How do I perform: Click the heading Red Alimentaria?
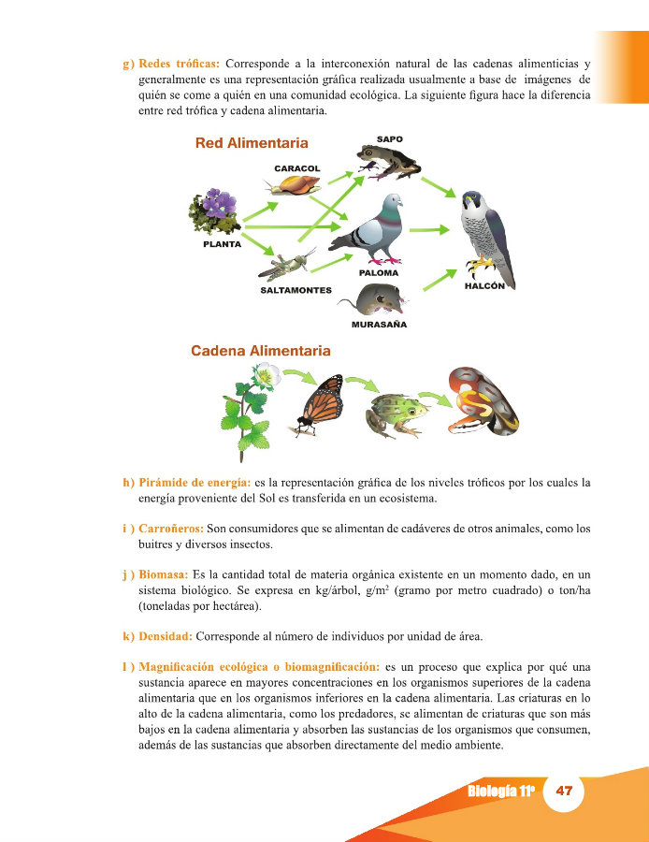pos(252,144)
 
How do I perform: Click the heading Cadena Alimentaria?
pos(261,351)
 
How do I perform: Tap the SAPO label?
pos(389,139)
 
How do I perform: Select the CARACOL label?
pos(296,168)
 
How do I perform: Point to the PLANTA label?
pos(223,244)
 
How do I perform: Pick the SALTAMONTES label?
pos(296,290)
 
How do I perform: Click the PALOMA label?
pos(379,273)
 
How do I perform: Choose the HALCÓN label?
pos(484,286)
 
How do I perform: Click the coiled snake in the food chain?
pos(483,401)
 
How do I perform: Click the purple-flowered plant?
pos(214,214)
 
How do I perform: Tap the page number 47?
pos(564,791)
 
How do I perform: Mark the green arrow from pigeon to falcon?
pos(428,228)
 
